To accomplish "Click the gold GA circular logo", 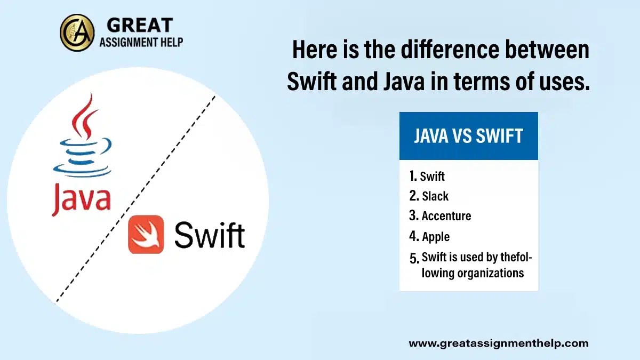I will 77,33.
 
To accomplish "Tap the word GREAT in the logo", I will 140,25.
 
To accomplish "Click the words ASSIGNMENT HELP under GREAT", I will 141,42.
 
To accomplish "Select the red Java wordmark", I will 81,198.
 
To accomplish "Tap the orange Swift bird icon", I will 146,234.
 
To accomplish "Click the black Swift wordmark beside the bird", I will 210,235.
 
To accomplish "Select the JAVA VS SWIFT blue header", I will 468,136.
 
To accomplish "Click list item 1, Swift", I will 432,177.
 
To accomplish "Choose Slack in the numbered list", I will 435,196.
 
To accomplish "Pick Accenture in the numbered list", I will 446,216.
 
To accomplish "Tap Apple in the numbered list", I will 436,237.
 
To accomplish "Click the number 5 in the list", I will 414,259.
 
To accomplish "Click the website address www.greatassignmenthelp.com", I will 498,343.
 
